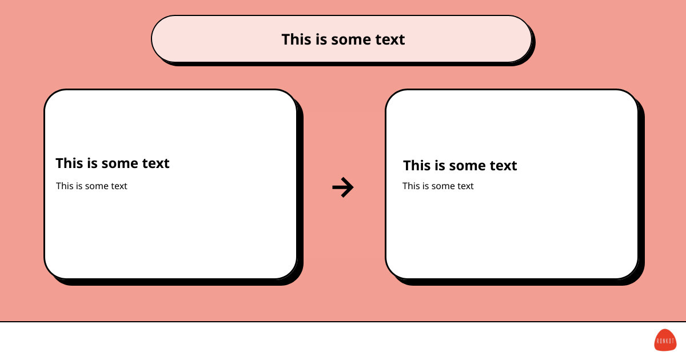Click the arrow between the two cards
coord(343,187)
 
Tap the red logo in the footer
coord(665,340)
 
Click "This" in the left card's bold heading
coord(69,163)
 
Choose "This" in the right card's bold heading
coord(417,166)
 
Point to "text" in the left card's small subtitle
coord(119,186)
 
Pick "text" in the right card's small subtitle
coord(465,186)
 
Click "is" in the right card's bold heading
coord(440,166)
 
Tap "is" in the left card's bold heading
coord(92,163)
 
